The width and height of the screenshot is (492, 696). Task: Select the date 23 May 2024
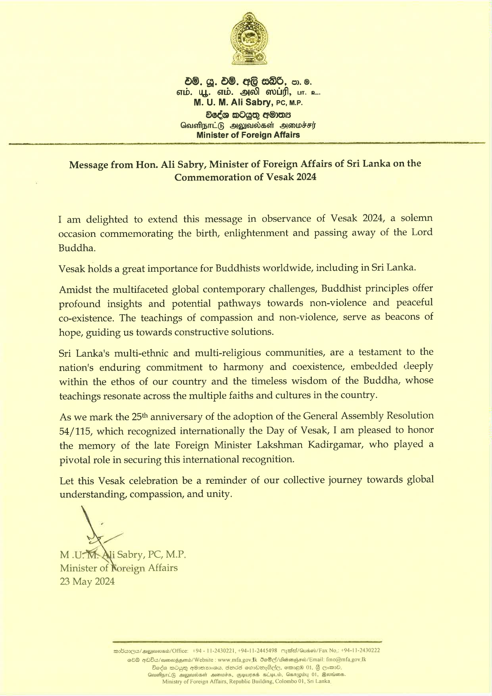87,581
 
